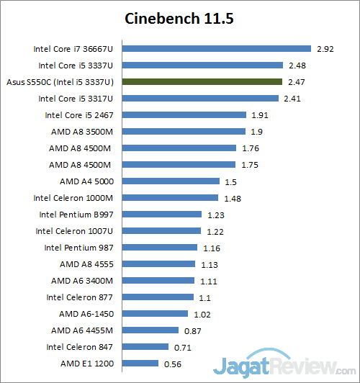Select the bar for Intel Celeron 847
[x=148, y=347]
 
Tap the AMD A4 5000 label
[x=92, y=181]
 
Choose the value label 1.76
[x=250, y=148]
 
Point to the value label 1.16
[x=211, y=248]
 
